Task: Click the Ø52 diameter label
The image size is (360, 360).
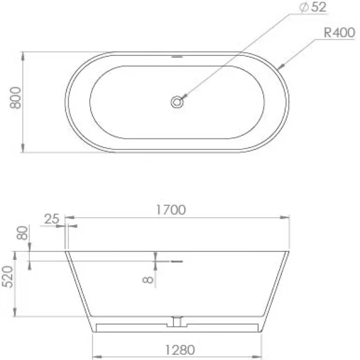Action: (313, 7)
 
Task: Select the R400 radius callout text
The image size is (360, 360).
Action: (340, 32)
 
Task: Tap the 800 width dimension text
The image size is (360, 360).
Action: (16, 98)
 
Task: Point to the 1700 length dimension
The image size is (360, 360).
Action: (171, 210)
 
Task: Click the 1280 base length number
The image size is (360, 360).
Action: (180, 350)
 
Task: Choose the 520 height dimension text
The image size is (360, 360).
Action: (7, 277)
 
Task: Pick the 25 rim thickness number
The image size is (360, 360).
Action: (52, 219)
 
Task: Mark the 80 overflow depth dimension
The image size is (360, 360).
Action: (22, 233)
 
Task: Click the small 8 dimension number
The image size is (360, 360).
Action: (148, 280)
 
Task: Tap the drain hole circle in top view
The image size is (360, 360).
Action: (177, 102)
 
